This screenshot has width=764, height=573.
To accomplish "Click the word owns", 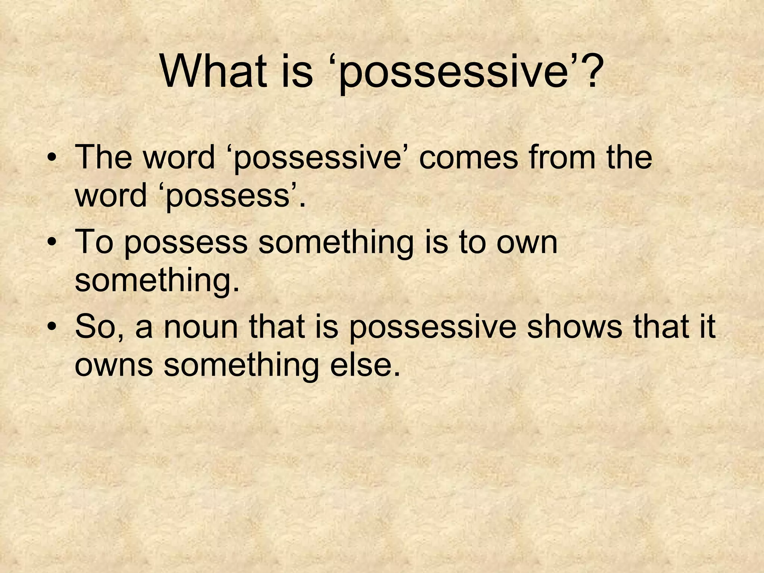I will [x=114, y=366].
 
